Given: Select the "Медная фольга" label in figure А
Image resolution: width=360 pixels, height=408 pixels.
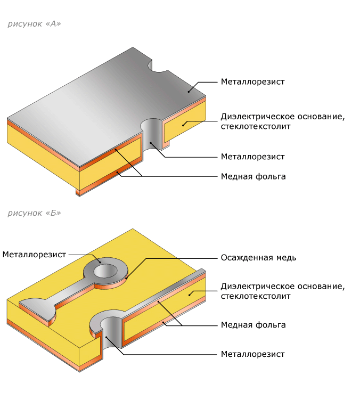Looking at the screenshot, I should (253, 176).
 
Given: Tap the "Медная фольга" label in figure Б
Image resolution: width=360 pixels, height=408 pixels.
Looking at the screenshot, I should (253, 324).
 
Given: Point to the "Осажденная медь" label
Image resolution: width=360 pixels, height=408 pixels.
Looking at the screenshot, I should (258, 258).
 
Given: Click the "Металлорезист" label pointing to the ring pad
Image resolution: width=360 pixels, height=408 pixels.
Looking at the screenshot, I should (34, 255).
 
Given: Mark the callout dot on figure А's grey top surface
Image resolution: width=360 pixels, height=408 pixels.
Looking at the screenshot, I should (188, 91).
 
